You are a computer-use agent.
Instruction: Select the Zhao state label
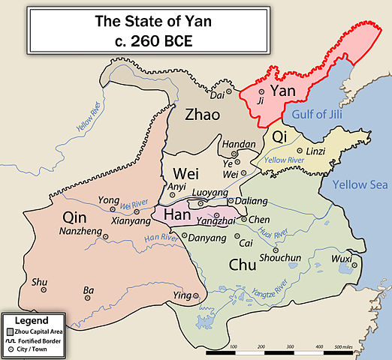(203, 115)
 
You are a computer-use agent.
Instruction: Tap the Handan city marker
(235, 154)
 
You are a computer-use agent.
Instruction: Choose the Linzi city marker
(300, 151)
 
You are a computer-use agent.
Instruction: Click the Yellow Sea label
(357, 184)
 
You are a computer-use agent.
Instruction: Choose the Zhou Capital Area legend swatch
(10, 330)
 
